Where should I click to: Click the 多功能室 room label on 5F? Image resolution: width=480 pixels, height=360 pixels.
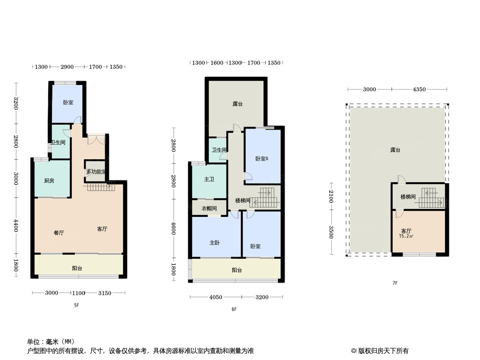point(95,172)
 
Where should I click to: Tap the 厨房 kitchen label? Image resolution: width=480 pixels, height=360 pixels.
point(49,181)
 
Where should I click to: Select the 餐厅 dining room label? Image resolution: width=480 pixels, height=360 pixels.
point(59,233)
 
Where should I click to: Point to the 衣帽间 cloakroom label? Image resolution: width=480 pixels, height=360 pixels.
point(209,209)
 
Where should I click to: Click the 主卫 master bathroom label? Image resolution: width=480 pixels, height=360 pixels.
point(209,179)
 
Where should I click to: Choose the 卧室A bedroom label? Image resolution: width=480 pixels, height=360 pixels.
point(262,159)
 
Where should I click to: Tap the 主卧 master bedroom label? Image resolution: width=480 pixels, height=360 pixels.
point(215,243)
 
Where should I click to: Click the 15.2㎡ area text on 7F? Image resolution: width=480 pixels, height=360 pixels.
point(406,236)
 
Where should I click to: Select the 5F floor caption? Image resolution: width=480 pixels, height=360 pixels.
point(77,305)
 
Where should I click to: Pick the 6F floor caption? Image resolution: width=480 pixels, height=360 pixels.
point(234,309)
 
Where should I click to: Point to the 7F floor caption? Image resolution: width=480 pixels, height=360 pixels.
point(395,283)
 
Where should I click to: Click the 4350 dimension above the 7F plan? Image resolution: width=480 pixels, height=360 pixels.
point(419,89)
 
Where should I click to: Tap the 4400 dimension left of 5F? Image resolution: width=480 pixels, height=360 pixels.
point(16,226)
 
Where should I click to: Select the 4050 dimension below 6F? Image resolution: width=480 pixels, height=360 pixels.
point(216,297)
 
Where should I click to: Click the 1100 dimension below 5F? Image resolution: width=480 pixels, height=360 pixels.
point(78,293)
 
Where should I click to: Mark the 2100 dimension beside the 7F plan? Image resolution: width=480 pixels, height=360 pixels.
point(331,196)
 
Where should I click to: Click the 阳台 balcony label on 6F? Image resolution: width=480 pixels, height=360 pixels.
point(237,270)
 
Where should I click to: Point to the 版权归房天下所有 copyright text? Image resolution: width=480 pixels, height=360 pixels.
point(383,351)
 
